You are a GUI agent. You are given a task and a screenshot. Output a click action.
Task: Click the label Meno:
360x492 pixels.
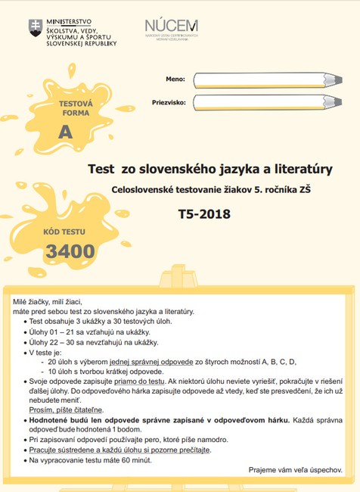175,79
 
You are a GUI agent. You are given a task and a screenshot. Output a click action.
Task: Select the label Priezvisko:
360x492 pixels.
169,101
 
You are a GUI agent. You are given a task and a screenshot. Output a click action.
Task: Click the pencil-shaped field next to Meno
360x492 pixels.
265,79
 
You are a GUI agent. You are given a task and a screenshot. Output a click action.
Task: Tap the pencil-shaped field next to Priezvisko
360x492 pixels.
265,102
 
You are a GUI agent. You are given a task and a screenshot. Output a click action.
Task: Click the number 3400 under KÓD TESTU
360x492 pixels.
70,251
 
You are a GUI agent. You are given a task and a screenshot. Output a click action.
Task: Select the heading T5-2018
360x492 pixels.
205,213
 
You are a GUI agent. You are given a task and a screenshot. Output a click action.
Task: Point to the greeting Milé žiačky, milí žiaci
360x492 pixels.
51,302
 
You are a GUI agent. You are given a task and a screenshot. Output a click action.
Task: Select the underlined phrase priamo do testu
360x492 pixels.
146,381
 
